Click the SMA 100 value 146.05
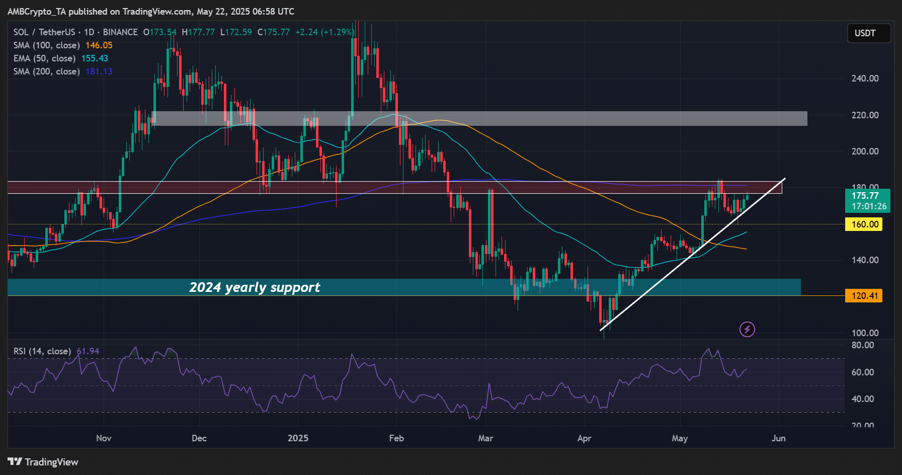[x=99, y=45]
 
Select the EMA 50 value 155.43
[x=95, y=58]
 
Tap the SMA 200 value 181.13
[x=99, y=71]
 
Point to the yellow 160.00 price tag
[x=865, y=224]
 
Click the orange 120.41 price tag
[x=865, y=296]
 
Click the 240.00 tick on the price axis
[x=865, y=78]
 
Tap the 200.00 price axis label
[x=865, y=151]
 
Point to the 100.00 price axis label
[x=865, y=333]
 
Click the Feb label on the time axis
[x=396, y=438]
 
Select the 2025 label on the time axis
[x=298, y=438]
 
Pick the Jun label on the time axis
[x=778, y=438]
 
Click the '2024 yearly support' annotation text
[x=255, y=287]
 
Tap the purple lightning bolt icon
[x=747, y=330]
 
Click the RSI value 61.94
[x=88, y=351]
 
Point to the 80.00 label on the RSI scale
[x=862, y=345]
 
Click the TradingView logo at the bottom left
[x=43, y=462]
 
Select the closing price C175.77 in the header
[x=274, y=32]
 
